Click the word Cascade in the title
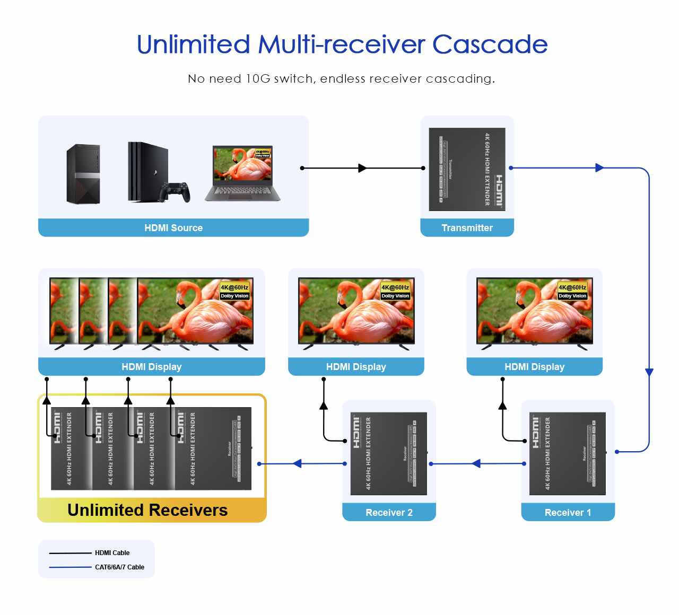[x=490, y=45]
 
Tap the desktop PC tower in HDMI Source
[x=83, y=174]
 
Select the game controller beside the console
[x=176, y=191]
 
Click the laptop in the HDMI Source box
[x=242, y=173]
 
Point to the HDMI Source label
[x=173, y=228]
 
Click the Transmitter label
[x=467, y=228]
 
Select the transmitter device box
[x=467, y=169]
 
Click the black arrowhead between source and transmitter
[x=363, y=168]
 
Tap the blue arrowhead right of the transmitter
[x=599, y=168]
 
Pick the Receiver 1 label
[x=568, y=513]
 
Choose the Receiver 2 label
[x=389, y=513]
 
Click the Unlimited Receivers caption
[x=147, y=510]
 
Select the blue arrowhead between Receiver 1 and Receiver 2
[x=476, y=464]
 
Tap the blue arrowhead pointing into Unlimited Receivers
[x=297, y=464]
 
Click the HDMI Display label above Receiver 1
[x=534, y=367]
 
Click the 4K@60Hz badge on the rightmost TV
[x=572, y=287]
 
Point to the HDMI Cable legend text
[x=112, y=553]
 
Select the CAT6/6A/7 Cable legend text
[x=119, y=567]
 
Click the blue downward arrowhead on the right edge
[x=649, y=372]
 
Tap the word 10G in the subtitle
[x=258, y=79]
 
